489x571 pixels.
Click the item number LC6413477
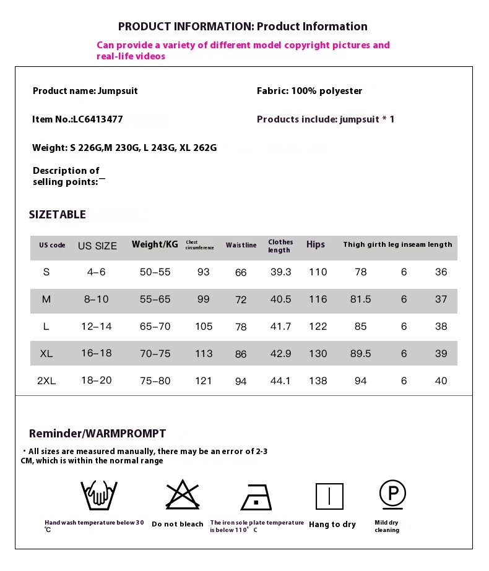coord(77,119)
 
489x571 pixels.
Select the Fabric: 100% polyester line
coord(309,91)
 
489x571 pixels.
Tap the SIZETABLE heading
coord(58,215)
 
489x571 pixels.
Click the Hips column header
coord(316,245)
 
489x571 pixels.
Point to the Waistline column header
coord(241,246)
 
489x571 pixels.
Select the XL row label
coord(46,354)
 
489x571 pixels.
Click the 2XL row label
coord(46,381)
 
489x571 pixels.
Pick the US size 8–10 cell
coord(97,299)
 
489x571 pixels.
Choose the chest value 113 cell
coord(204,354)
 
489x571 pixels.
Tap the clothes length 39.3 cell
coord(280,272)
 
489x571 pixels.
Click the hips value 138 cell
coord(318,381)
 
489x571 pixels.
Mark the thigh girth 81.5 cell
coord(360,299)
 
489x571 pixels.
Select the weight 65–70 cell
coord(155,327)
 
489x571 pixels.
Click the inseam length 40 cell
coord(441,381)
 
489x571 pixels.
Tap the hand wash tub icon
coord(98,495)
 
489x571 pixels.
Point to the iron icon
coord(256,496)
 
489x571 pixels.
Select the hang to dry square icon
coord(329,496)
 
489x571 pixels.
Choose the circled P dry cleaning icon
coord(392,494)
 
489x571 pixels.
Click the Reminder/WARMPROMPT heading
coord(97,434)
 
